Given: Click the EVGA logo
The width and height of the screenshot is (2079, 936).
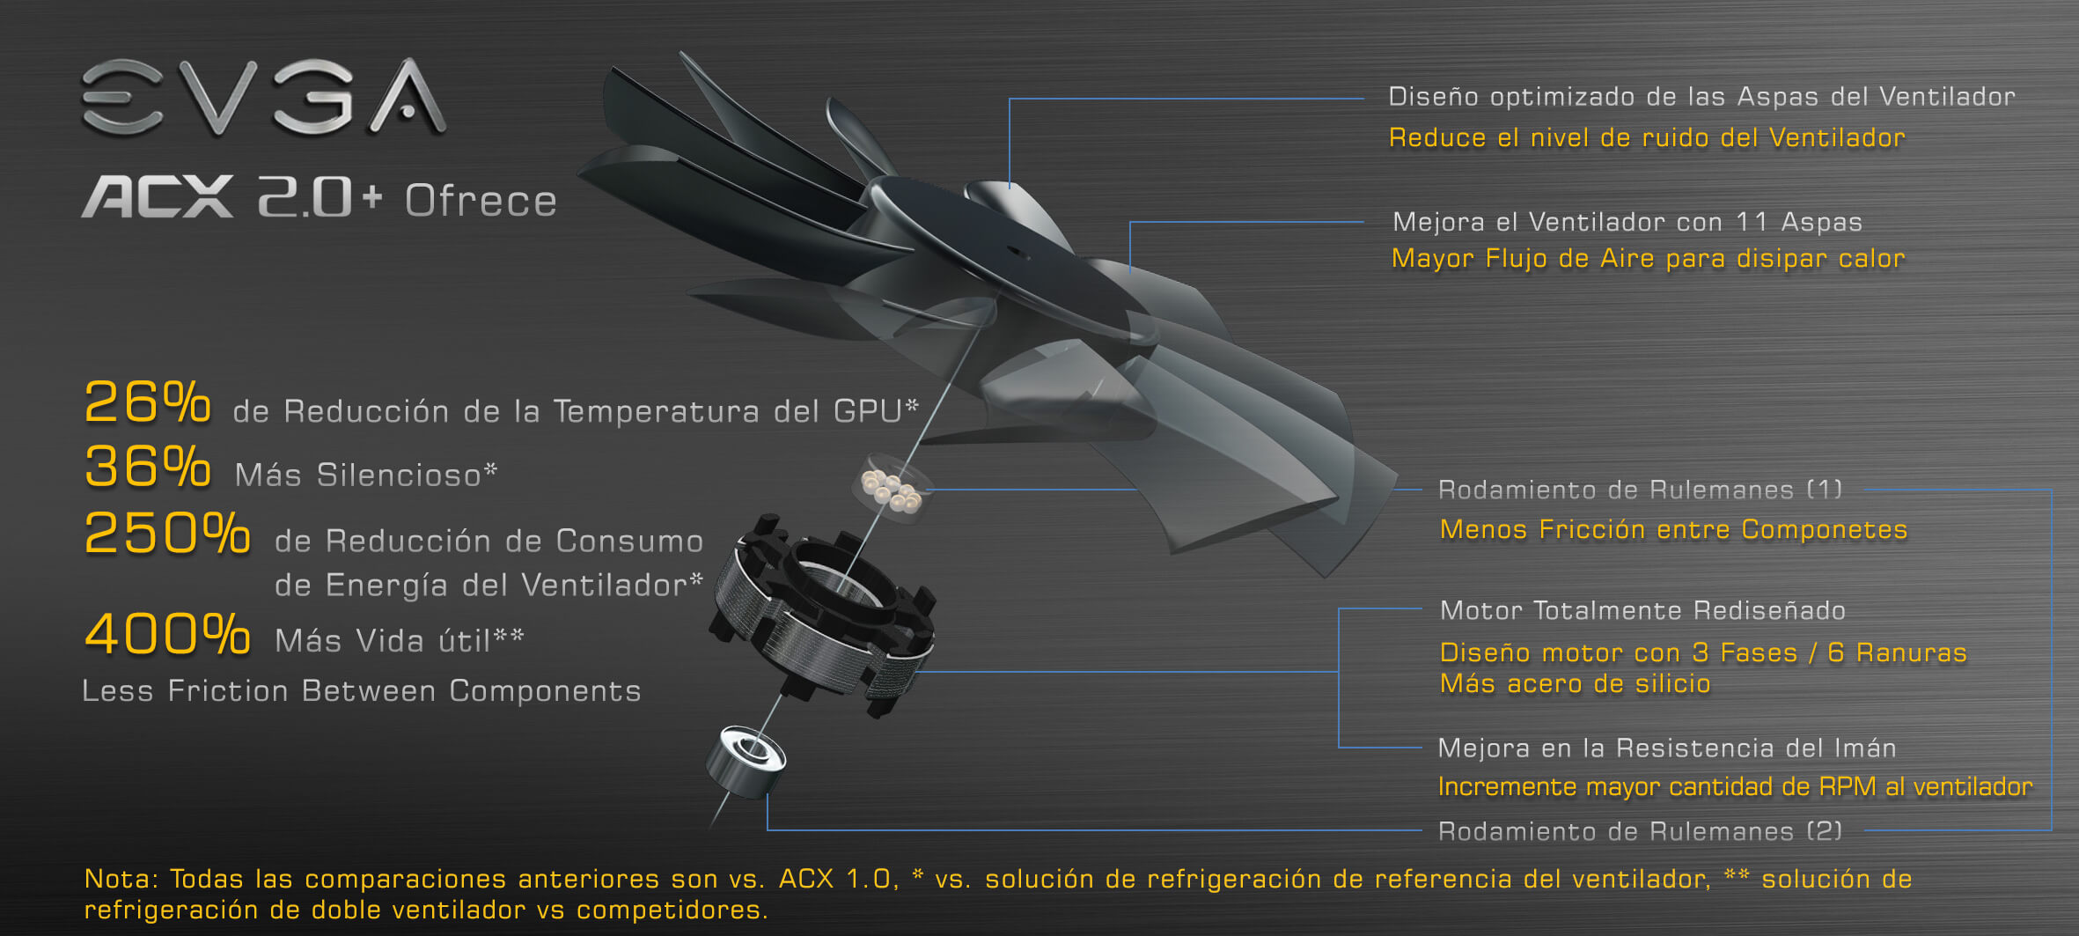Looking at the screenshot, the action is pos(264,97).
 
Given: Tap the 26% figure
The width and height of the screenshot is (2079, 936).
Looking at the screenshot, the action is pos(147,403).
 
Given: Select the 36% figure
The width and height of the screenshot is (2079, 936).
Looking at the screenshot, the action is pos(147,467).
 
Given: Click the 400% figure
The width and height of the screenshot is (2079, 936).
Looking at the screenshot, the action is pos(167,634).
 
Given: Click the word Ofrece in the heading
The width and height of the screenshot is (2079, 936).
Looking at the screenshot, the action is pos(481,201).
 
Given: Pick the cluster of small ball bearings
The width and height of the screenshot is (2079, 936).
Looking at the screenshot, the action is pos(891,487).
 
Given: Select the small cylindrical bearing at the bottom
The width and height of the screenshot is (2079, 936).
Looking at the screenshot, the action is pos(746,762).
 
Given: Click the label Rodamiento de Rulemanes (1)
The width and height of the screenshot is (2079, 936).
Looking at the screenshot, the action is pos(1640,490).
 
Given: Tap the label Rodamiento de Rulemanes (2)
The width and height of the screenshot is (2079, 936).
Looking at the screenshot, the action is pos(1640,831).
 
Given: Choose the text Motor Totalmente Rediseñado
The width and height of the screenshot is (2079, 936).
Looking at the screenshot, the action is pos(1642,610).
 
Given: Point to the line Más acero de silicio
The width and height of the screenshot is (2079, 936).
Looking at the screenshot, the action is pos(1575,684).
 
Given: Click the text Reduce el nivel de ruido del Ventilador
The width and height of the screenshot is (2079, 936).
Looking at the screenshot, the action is pos(1647,138).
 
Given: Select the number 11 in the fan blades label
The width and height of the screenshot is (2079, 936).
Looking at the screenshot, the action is pos(1752,222).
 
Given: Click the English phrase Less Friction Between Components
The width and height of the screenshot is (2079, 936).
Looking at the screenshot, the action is pos(361,691).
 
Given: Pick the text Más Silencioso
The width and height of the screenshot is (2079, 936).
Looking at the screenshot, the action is pos(358,475).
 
